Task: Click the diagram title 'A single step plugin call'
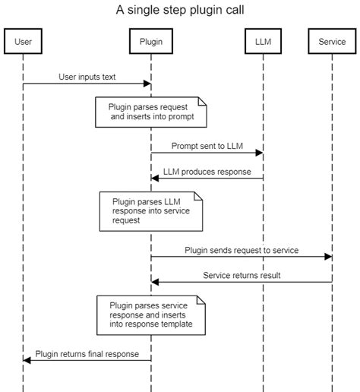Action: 180,10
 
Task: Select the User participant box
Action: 23,42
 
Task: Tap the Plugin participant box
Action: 150,42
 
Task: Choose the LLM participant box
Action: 263,42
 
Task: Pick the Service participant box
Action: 332,42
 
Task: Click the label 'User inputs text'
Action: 87,77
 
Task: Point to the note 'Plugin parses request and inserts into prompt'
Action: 151,112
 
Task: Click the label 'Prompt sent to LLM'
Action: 207,145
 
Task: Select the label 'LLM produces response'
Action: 207,172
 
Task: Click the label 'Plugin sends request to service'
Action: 242,249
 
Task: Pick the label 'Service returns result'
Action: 242,275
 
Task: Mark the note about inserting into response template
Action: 151,315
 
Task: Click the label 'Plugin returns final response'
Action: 87,353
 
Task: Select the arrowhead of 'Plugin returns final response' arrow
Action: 27,360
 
